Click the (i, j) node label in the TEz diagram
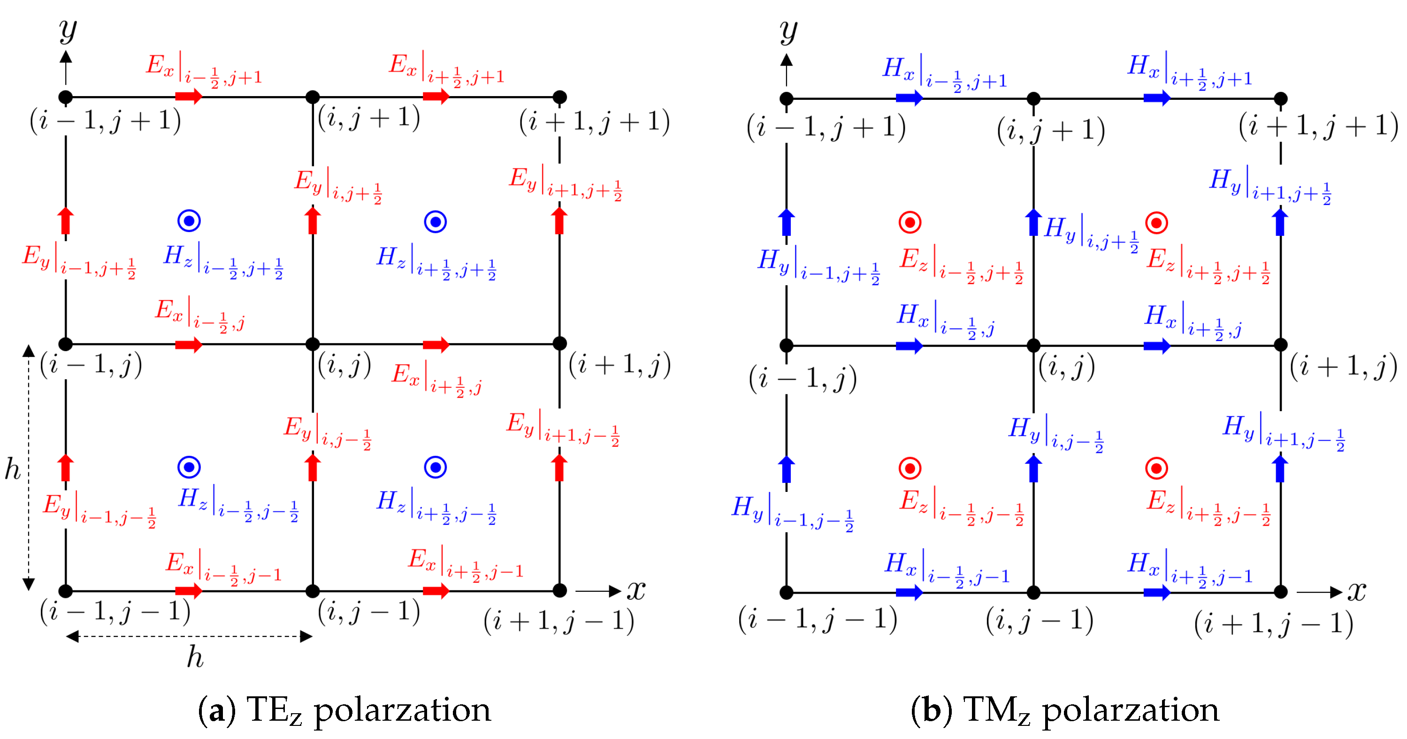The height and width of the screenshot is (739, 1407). point(344,365)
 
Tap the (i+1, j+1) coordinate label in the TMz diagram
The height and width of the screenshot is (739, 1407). point(1318,126)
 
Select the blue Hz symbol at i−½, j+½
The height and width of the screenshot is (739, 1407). point(189,220)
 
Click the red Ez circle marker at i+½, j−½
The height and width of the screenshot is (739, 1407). point(1156,468)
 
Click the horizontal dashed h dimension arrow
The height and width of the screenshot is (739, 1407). point(189,636)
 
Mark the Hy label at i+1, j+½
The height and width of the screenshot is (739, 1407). point(1270,186)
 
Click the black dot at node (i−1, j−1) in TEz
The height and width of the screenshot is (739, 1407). point(66,590)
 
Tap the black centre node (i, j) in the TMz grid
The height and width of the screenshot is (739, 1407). point(1033,346)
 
